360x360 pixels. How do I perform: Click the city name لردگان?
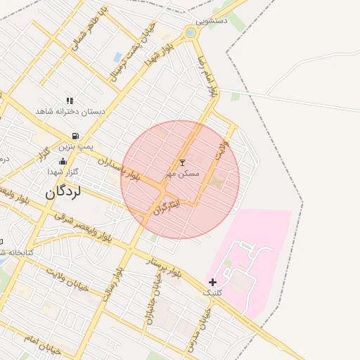click(x=64, y=191)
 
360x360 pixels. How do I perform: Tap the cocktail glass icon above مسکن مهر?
click(x=184, y=162)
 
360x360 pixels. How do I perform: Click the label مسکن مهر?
click(x=183, y=173)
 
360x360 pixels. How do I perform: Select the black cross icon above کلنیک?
click(x=212, y=282)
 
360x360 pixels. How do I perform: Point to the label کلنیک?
click(x=212, y=292)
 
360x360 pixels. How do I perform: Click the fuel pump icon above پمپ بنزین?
click(x=75, y=136)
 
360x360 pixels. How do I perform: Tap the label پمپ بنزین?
click(x=75, y=146)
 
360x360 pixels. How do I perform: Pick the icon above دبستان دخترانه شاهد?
click(x=70, y=101)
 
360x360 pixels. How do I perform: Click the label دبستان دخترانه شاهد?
click(x=70, y=111)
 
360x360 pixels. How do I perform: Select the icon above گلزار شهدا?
click(x=63, y=162)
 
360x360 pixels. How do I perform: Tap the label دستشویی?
click(x=212, y=21)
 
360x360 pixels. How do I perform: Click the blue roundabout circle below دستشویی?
click(x=191, y=32)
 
